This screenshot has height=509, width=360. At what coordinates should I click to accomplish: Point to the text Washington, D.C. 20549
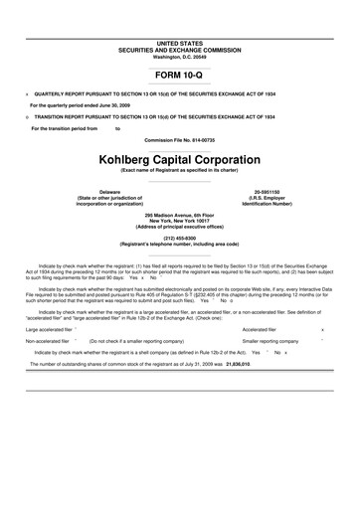179,56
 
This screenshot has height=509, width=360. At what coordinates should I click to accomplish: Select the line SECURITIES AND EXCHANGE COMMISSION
179,50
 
